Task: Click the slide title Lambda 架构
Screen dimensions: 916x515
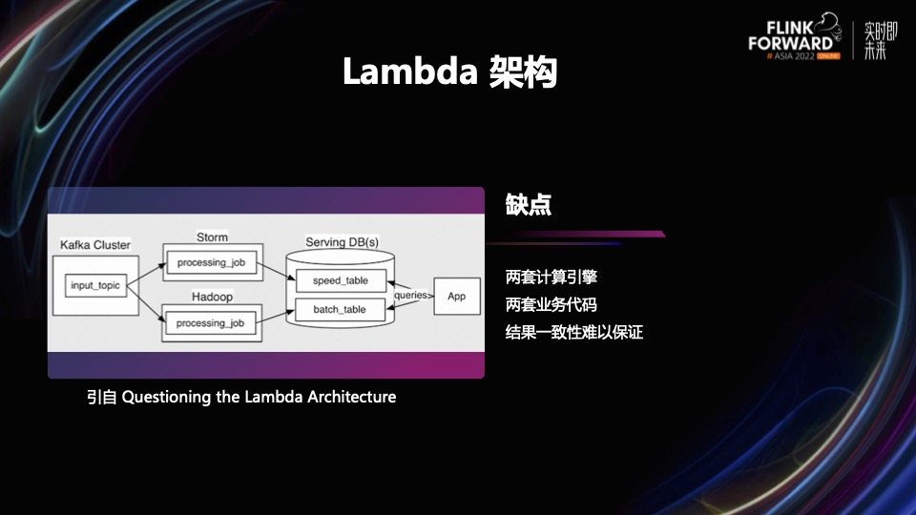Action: point(449,72)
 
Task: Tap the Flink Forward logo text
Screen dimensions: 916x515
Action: point(791,35)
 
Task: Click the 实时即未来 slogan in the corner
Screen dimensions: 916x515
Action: point(881,40)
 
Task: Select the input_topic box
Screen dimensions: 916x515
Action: point(95,285)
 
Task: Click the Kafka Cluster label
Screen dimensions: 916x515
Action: point(95,245)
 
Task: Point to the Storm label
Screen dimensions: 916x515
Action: point(212,237)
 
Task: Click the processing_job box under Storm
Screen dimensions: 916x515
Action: point(211,262)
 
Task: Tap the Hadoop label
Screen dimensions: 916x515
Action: point(212,297)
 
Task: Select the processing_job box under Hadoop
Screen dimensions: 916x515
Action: point(210,323)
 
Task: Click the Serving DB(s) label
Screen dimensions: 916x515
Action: point(343,241)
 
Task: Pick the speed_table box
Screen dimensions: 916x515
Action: point(341,280)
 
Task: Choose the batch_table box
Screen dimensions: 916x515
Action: point(340,309)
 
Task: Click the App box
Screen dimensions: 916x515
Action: point(457,296)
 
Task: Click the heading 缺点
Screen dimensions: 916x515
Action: point(528,204)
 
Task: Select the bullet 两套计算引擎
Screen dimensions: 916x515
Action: point(551,277)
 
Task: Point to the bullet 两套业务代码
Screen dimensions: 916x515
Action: point(551,305)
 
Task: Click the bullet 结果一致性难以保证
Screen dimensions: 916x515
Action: point(573,333)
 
